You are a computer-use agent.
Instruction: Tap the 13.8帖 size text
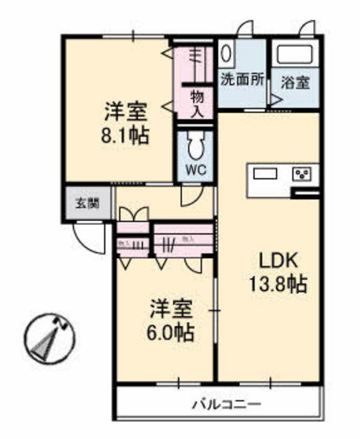(278, 284)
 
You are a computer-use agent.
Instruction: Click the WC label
(195, 169)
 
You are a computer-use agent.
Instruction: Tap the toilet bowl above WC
(195, 144)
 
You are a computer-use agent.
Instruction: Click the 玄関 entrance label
(87, 204)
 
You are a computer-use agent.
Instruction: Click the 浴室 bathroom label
(296, 80)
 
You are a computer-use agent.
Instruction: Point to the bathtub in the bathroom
(295, 56)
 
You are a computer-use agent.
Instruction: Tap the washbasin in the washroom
(227, 55)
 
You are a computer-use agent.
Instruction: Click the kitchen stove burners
(303, 174)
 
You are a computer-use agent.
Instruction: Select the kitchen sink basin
(265, 174)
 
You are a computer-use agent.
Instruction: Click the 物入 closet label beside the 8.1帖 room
(196, 103)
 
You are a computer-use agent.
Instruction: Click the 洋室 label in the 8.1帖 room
(125, 108)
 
